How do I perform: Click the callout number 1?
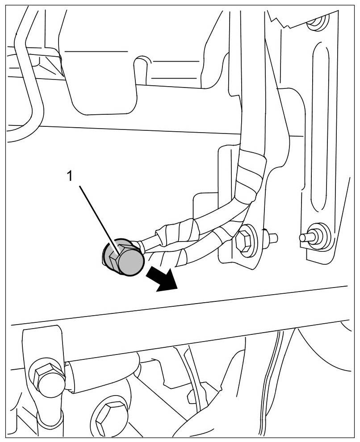(70, 177)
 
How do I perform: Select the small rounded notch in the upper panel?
(142, 63)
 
